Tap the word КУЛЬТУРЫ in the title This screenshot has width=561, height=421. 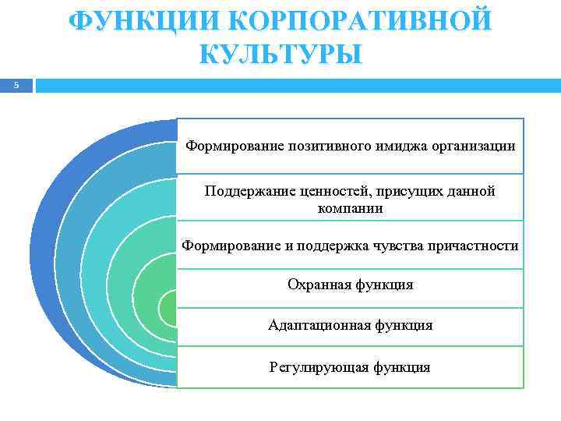[x=280, y=55]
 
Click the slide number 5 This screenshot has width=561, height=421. [x=15, y=85]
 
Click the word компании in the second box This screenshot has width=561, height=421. [x=350, y=208]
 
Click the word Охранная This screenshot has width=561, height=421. [x=318, y=285]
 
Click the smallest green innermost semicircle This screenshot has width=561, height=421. [x=168, y=307]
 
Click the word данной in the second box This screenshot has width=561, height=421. [x=471, y=191]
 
